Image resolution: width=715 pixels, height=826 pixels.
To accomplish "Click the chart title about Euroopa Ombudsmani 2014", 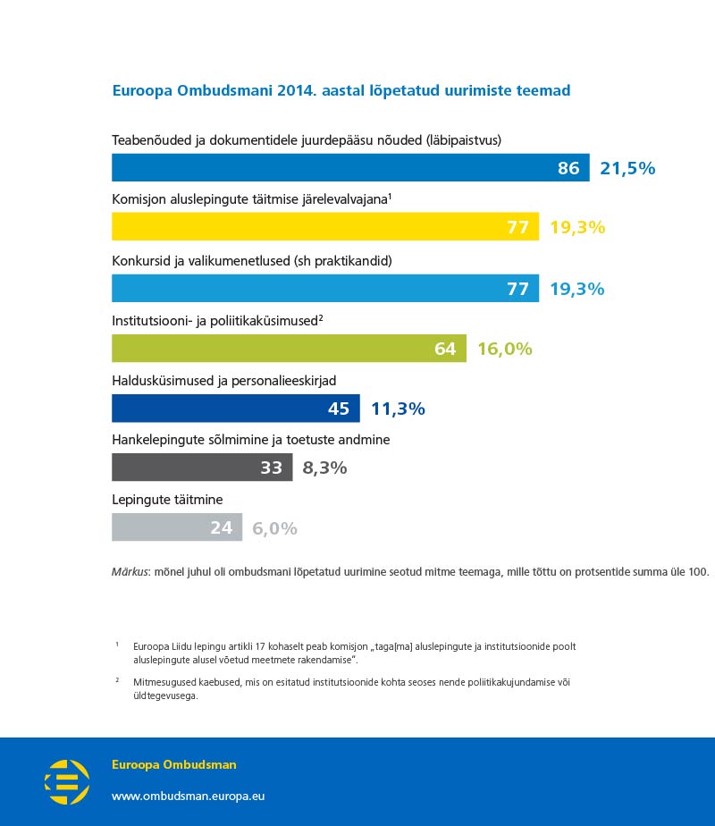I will coord(341,91).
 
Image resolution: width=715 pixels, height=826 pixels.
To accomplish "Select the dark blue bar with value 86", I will coord(349,167).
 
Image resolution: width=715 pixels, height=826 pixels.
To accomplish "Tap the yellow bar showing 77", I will coord(324,227).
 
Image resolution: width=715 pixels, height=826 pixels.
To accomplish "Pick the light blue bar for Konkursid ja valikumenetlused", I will coord(324,288).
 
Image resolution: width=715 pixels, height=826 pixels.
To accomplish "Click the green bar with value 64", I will coord(289,349).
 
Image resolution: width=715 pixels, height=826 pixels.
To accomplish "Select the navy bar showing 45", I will coord(235,409).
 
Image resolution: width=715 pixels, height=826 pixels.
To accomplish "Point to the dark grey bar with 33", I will coord(201,468).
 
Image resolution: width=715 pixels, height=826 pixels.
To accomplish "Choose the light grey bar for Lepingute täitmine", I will coord(176,527).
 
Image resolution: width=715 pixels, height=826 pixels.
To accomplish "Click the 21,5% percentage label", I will coord(627,167).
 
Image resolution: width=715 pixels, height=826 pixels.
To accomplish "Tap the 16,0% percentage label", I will coord(504,349).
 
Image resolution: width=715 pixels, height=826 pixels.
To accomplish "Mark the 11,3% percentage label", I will coord(398,409).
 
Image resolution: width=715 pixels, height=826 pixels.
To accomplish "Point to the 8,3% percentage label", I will coord(324,468).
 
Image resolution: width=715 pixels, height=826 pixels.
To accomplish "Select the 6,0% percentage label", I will coord(274,527).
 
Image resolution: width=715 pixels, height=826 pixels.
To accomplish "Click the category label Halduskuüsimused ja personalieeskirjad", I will coord(223,381).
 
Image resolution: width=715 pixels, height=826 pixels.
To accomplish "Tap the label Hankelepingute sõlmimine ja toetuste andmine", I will coord(250,440).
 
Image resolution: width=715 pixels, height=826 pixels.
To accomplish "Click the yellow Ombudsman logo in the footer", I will coord(67,782).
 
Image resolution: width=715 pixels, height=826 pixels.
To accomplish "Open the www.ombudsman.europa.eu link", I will coord(188,796).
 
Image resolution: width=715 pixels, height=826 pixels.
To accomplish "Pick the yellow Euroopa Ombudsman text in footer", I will coord(173,765).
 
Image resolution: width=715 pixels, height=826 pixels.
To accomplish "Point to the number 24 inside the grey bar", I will coord(221,527).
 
